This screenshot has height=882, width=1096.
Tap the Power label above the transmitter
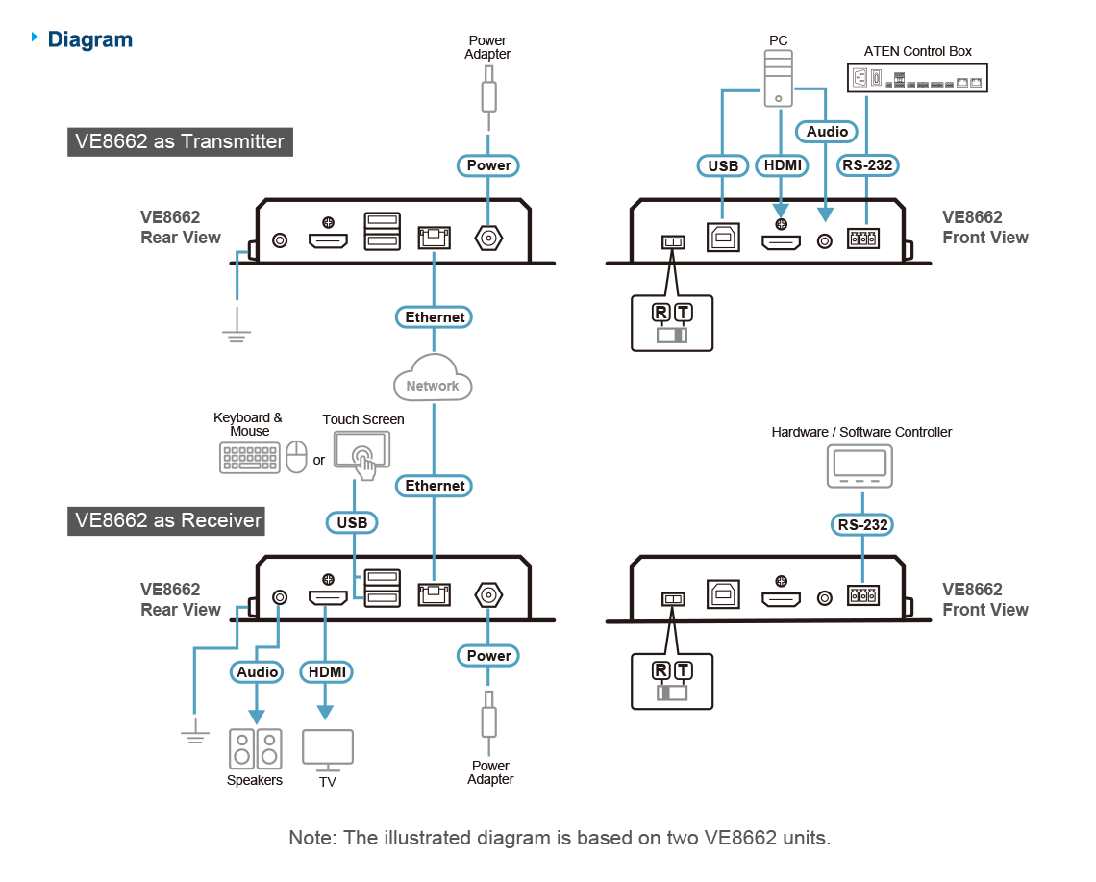[x=488, y=165]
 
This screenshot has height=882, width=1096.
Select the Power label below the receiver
[x=488, y=656]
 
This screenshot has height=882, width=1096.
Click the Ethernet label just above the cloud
[x=435, y=317]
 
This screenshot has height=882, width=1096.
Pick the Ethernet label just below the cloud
[x=435, y=486]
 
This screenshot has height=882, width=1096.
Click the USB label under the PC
[x=723, y=165]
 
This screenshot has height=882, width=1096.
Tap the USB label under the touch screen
[x=352, y=522]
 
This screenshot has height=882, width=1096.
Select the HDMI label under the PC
[x=781, y=165]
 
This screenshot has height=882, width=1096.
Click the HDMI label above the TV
[x=327, y=671]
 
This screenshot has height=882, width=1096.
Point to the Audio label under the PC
[x=827, y=131]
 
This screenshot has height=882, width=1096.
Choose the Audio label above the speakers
[x=257, y=671]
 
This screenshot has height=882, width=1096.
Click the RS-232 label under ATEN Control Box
[x=867, y=165]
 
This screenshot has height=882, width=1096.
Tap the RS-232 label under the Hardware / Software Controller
[x=862, y=524]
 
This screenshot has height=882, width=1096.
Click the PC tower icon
[x=779, y=79]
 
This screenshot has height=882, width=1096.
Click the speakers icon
[x=256, y=749]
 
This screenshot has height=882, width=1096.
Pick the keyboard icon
[x=250, y=457]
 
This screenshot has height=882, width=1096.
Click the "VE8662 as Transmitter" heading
[x=180, y=141]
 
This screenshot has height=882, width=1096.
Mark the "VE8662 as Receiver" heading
[x=168, y=520]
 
